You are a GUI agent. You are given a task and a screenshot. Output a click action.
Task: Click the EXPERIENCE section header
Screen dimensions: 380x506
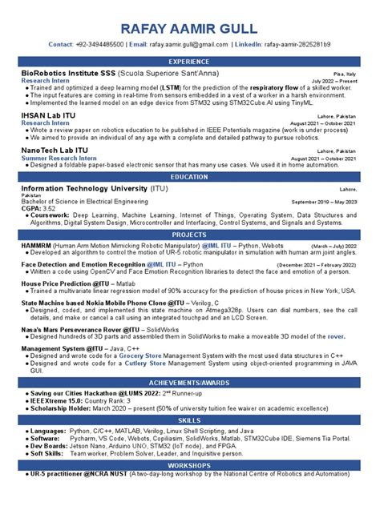(x=189, y=62)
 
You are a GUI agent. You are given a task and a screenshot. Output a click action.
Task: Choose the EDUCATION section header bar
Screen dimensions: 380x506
(x=189, y=177)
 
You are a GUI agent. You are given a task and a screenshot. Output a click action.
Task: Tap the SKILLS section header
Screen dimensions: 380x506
(x=189, y=420)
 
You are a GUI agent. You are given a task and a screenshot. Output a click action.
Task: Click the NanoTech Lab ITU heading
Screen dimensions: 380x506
(x=54, y=151)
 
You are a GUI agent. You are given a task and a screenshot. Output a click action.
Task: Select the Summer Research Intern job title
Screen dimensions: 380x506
(x=58, y=159)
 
